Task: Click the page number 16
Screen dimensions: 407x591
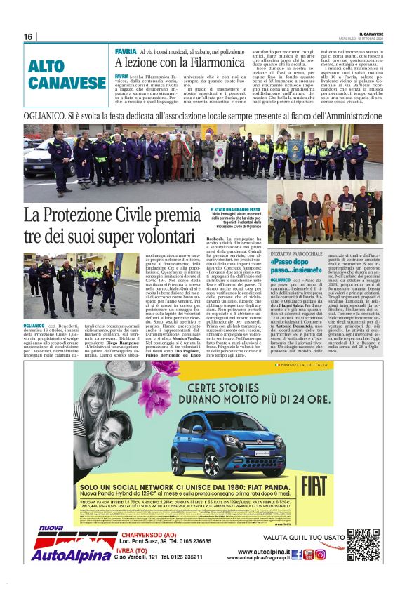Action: pos(28,36)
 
